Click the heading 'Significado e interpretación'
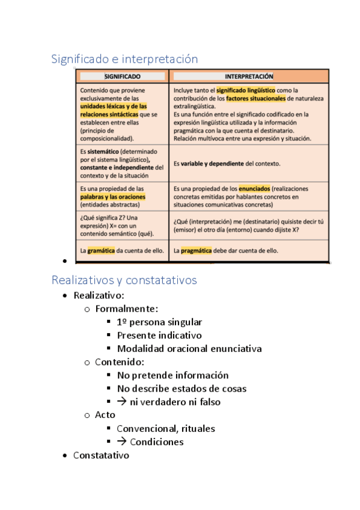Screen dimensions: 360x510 pos(124,59)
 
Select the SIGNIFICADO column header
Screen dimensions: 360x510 pos(123,77)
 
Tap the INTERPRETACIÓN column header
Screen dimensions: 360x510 pos(249,77)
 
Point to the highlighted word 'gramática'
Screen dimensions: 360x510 pos(100,250)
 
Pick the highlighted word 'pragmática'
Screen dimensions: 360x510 pos(196,250)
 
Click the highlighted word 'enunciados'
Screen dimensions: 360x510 pos(254,189)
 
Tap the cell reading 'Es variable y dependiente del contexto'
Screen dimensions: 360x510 pos(227,163)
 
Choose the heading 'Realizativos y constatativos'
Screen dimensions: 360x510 pos(124,280)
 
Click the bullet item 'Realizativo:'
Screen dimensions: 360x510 pos(99,296)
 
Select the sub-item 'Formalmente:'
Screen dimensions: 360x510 pos(126,309)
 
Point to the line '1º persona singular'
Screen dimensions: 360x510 pos(159,322)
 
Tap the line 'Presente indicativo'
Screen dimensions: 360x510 pos(159,336)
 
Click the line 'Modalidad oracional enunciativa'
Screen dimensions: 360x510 pos(189,349)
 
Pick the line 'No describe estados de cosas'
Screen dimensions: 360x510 pos(182,389)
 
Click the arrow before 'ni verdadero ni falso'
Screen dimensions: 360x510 pos(121,402)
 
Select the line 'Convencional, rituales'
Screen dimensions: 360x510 pos(166,429)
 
